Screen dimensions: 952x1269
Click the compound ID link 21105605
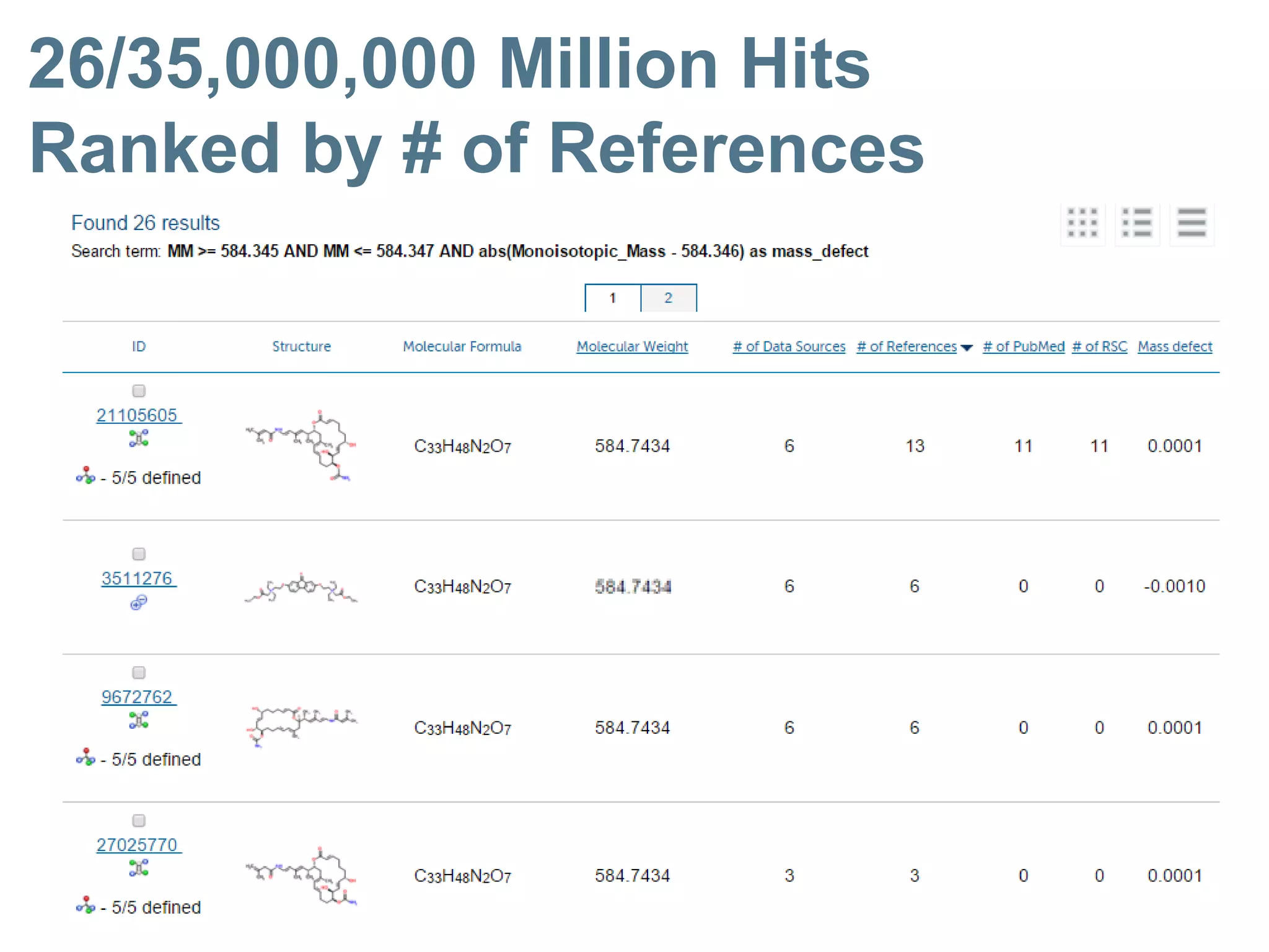pos(137,415)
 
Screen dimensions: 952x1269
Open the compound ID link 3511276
pos(137,578)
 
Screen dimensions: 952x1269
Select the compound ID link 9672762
pos(137,697)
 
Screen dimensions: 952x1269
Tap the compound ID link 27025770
pos(137,845)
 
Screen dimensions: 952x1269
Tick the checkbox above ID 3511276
pos(139,553)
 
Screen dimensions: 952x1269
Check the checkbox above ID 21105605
pos(139,390)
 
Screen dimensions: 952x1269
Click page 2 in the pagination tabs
pos(668,298)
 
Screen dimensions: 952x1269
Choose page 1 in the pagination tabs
pos(613,298)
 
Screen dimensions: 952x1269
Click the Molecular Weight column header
pos(632,346)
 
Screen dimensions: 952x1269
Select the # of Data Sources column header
pos(789,346)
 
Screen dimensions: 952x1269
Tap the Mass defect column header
pos(1175,346)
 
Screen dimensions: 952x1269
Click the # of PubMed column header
pos(1024,346)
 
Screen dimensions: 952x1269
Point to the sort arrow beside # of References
pos(967,348)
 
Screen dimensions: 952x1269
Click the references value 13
pos(915,446)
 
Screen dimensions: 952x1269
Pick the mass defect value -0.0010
pos(1174,586)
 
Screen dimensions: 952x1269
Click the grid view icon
pos(1082,223)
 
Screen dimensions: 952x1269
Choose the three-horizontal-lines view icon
pos(1192,223)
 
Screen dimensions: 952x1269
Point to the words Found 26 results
pos(146,223)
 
